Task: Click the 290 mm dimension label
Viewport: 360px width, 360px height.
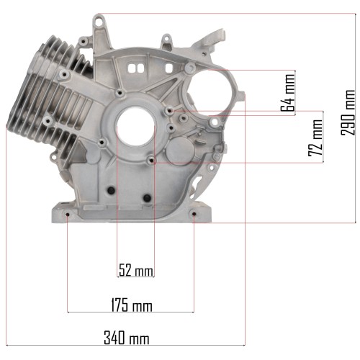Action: coord(348,112)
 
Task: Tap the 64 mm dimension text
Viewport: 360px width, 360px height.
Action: coord(288,93)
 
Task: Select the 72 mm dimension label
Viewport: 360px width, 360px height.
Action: coord(315,138)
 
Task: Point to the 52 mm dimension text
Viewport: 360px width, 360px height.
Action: coord(136,270)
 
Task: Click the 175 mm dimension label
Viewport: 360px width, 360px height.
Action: coord(132,305)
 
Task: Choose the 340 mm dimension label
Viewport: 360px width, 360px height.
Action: coord(127,338)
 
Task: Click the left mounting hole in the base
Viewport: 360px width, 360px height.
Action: coord(68,215)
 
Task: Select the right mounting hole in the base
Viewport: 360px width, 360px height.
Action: coord(194,214)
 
